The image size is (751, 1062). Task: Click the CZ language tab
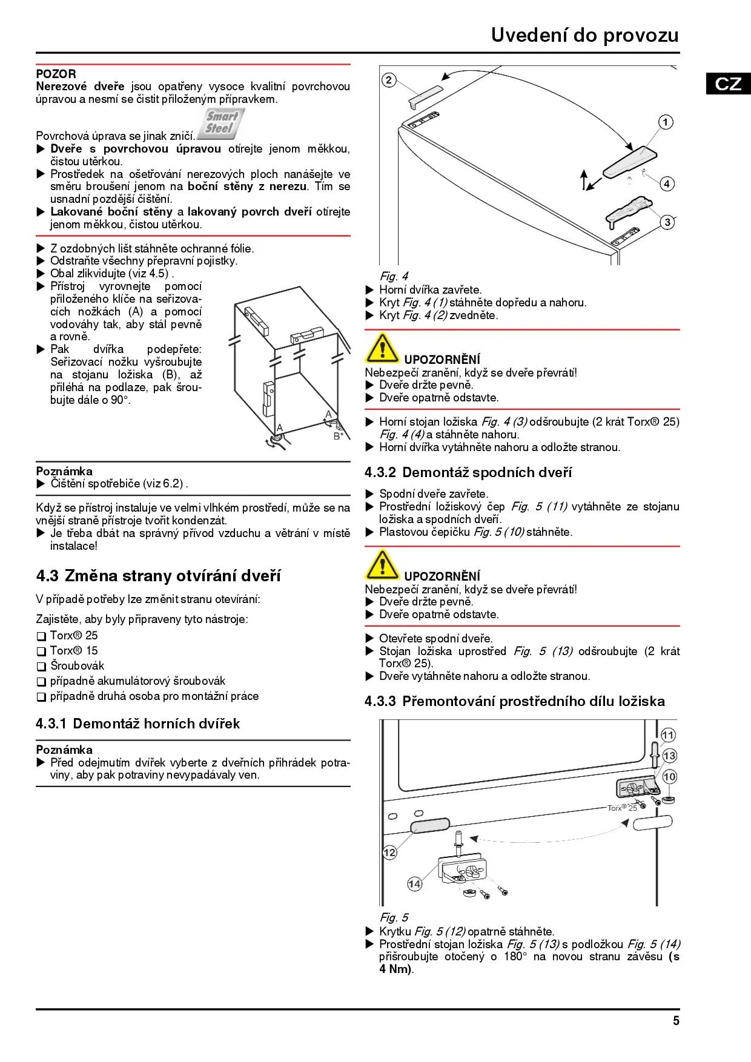tap(728, 84)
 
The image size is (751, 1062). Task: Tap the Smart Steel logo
tap(220, 123)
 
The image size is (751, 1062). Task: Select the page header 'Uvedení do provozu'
tap(584, 35)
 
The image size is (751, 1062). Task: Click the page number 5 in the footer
tap(676, 1021)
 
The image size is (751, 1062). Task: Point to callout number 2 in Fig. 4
tap(389, 80)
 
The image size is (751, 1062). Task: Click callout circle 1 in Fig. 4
tap(666, 122)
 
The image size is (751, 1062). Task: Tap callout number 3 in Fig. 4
tap(667, 222)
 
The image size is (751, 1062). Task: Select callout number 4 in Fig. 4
tap(667, 183)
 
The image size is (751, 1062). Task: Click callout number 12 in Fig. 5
tap(389, 853)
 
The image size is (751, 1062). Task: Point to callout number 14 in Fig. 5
tap(414, 884)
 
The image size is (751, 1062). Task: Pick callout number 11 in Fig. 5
tap(668, 735)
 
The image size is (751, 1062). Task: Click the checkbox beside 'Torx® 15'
tap(41, 651)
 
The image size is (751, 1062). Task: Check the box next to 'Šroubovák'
tap(41, 667)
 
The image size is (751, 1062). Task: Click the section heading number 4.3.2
tap(380, 472)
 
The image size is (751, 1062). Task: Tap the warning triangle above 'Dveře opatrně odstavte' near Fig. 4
tap(382, 348)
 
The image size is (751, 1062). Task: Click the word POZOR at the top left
tap(56, 74)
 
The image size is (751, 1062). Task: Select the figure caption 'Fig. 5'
tap(394, 917)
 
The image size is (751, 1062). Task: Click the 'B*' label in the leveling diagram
tap(338, 436)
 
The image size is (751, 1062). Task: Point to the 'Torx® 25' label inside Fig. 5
tap(622, 808)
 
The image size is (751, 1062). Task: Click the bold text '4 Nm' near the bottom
tap(395, 969)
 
